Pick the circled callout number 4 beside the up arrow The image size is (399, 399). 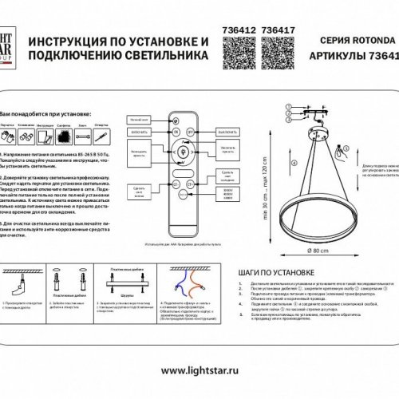click(x=292, y=163)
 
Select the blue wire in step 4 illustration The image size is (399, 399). click(x=176, y=278)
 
